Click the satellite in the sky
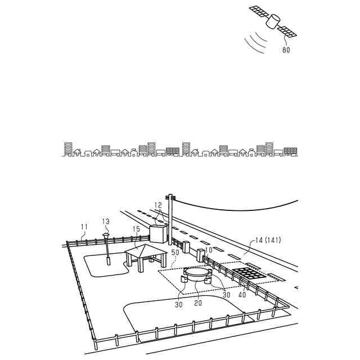click(x=273, y=22)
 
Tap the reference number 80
click(x=286, y=49)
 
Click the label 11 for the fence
click(x=84, y=227)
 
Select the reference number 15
click(x=136, y=229)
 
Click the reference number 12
click(x=158, y=205)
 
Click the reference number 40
click(x=242, y=294)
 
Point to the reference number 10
click(x=209, y=249)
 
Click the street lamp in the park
click(x=106, y=247)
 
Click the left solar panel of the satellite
click(x=258, y=12)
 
